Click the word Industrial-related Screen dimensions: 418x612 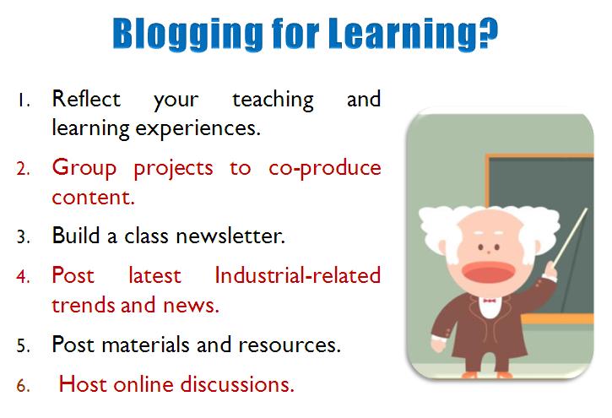pyautogui.click(x=297, y=275)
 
